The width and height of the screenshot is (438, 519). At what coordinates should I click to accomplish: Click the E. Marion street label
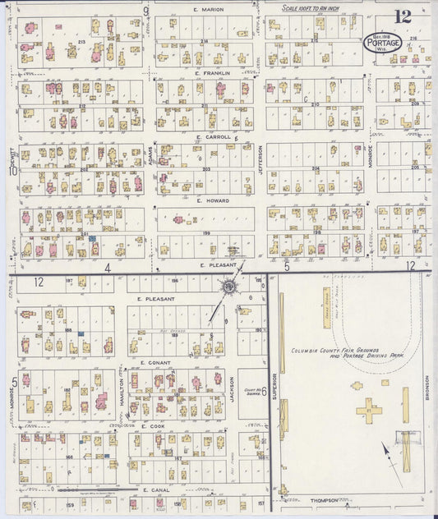[x=208, y=9]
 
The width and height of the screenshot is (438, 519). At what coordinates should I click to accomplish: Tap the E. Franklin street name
[x=211, y=73]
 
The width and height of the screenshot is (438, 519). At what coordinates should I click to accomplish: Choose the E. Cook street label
[x=154, y=426]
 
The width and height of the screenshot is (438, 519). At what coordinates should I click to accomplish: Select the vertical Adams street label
[x=150, y=154]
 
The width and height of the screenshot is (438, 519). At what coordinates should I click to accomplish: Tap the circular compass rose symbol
[x=230, y=287]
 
